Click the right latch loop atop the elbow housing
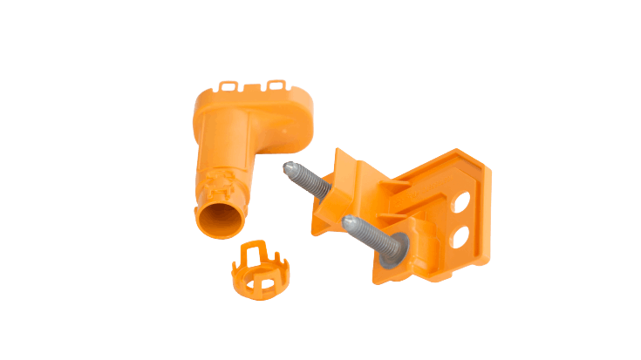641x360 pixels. pyautogui.click(x=277, y=85)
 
